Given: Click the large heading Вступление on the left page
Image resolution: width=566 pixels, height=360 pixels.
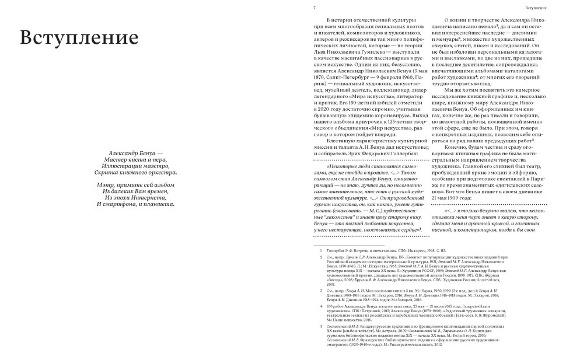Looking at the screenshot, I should (x=79, y=37).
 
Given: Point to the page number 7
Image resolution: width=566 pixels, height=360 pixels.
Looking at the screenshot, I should (x=315, y=8).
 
